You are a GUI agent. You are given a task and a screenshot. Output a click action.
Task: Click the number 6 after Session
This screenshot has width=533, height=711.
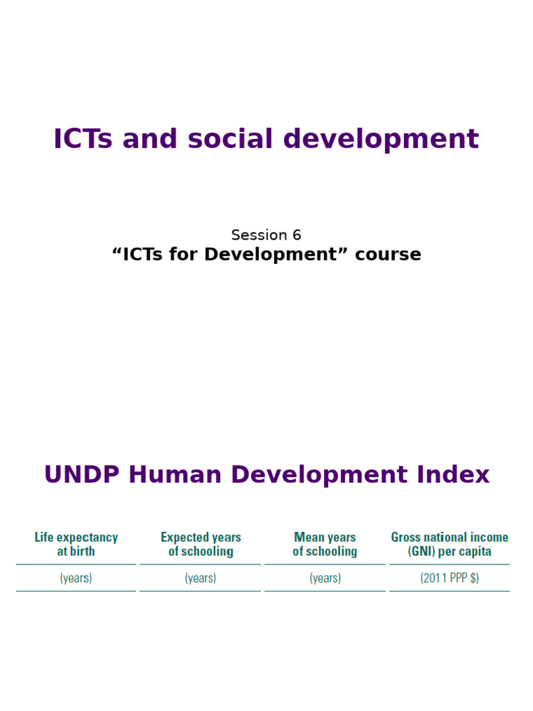click(x=297, y=235)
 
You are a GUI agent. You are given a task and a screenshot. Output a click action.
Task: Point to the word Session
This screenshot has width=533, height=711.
click(x=259, y=235)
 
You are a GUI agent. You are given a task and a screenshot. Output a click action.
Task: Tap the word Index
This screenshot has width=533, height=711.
click(x=457, y=475)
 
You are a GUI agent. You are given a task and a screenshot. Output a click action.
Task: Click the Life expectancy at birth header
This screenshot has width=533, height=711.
click(x=76, y=544)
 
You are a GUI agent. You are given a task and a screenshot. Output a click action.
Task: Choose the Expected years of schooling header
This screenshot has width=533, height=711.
click(x=201, y=544)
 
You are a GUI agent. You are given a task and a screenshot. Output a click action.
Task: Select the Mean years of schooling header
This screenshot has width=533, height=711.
click(x=325, y=544)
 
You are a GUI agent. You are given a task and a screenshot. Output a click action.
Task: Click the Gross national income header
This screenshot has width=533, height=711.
click(x=450, y=537)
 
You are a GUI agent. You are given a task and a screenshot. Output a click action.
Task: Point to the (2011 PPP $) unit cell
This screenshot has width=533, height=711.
click(x=450, y=578)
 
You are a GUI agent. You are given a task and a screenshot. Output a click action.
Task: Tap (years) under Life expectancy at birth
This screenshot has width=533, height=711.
click(x=76, y=578)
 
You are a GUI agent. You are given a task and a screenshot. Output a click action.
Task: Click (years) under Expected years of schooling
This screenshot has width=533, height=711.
click(x=201, y=578)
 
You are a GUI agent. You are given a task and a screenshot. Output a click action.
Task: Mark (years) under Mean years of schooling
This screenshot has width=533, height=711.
click(x=325, y=578)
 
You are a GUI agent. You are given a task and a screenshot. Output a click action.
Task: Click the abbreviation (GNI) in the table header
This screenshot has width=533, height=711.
click(x=424, y=552)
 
